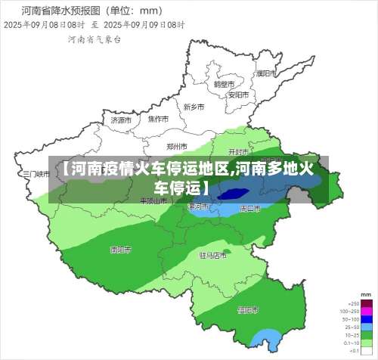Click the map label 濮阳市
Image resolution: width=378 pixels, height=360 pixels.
click(x=265, y=74)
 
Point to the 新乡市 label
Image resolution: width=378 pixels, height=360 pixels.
click(x=194, y=107)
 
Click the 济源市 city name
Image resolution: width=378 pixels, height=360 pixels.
click(x=121, y=119)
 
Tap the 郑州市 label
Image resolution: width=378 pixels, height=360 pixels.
click(x=177, y=146)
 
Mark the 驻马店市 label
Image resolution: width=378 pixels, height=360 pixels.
click(x=212, y=256)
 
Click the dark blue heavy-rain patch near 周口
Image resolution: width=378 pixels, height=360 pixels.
click(x=230, y=194)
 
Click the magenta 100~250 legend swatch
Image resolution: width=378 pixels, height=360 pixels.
click(x=367, y=312)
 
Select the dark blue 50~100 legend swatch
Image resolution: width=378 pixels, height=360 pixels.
click(x=367, y=318)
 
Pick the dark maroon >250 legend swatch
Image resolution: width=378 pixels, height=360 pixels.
click(x=367, y=303)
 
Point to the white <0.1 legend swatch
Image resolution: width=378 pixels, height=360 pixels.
click(x=367, y=352)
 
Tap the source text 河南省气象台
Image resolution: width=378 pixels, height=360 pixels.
click(x=94, y=39)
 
